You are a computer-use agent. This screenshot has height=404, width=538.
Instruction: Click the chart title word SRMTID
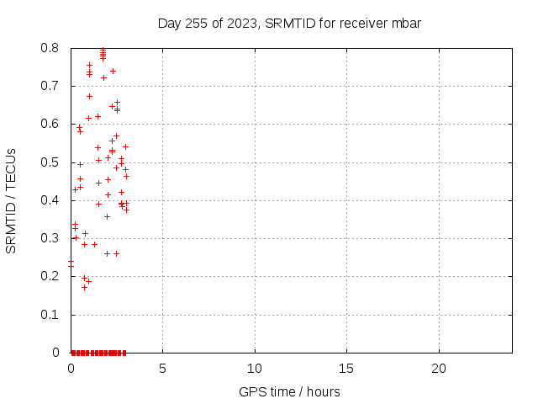click(290, 24)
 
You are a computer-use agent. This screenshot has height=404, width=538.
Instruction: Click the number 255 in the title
click(196, 24)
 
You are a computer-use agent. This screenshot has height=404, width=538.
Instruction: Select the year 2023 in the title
click(242, 24)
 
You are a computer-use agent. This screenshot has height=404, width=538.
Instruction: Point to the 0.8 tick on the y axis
click(50, 48)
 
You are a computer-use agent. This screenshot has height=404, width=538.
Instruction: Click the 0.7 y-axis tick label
click(50, 86)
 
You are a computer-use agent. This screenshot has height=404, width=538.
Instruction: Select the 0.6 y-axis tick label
click(50, 124)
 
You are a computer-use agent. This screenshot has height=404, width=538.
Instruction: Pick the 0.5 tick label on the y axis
click(50, 162)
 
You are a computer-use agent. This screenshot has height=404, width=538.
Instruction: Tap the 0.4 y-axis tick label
click(50, 200)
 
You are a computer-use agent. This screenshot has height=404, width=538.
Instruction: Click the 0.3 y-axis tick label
click(50, 238)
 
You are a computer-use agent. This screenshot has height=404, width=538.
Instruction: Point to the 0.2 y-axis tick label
click(50, 276)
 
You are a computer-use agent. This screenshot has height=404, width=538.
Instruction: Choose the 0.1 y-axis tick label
click(50, 314)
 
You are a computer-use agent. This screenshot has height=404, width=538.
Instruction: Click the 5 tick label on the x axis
click(162, 369)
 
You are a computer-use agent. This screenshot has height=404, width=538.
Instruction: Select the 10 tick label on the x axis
click(255, 369)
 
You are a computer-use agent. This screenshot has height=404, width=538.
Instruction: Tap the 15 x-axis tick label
click(346, 369)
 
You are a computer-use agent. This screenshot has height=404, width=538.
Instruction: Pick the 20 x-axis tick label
click(439, 369)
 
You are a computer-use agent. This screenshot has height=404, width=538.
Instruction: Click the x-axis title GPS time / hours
click(289, 391)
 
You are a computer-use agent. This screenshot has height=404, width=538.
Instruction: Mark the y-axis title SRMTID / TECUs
click(11, 201)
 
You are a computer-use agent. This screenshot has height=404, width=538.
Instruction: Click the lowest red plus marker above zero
click(84, 287)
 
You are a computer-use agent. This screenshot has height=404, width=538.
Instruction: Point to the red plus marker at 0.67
click(90, 97)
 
